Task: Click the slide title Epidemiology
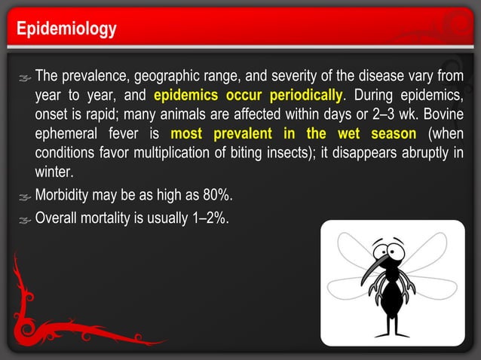pyautogui.click(x=67, y=29)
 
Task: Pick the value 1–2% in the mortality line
pyautogui.click(x=211, y=219)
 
